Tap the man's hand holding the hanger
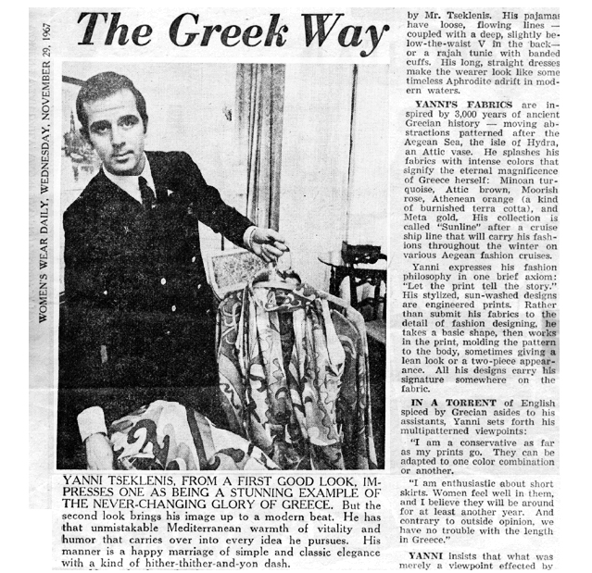click(x=269, y=244)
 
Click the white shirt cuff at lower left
click(x=93, y=422)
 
